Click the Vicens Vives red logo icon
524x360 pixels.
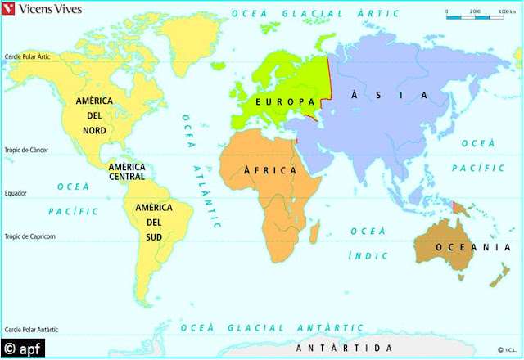(x=10, y=11)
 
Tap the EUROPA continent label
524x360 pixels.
(x=284, y=101)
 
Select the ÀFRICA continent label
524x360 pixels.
(x=269, y=170)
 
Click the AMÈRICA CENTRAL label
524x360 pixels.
(x=127, y=172)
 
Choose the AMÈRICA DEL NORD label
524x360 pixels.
(x=93, y=115)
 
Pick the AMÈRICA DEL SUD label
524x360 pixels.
(x=154, y=222)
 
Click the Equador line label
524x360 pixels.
(x=15, y=193)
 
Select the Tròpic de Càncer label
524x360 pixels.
(x=28, y=150)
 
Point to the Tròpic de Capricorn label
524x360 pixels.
(x=30, y=237)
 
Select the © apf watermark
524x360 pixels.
(x=24, y=349)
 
